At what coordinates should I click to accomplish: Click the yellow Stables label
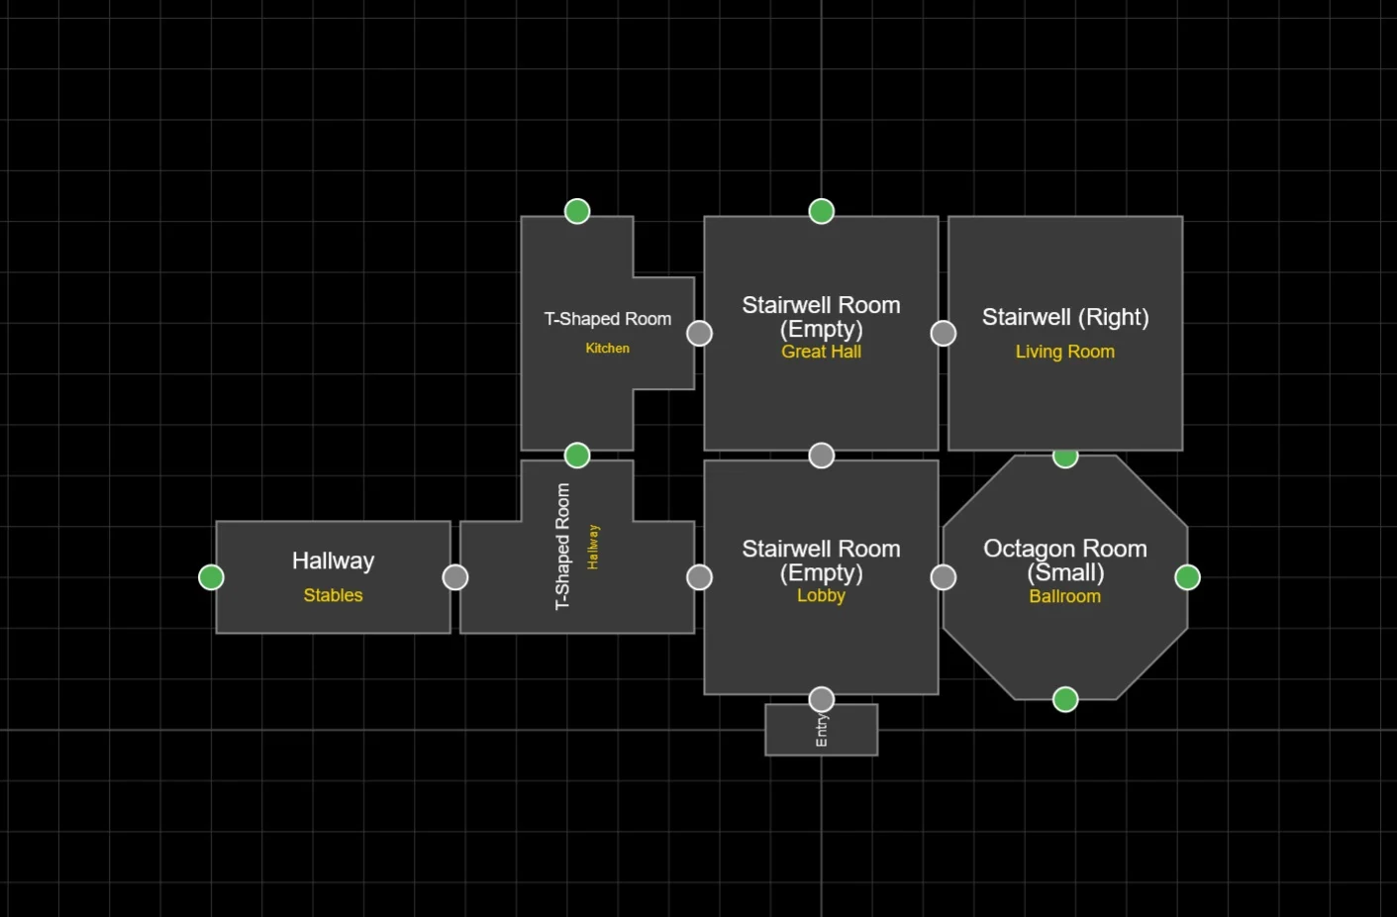pos(333,595)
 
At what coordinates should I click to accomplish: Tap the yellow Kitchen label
pos(607,349)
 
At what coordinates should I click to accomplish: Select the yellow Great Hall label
pos(821,352)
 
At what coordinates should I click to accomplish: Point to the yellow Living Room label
pos(1064,352)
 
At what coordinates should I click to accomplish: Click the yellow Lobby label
pos(821,595)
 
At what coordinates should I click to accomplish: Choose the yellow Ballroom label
pos(1064,596)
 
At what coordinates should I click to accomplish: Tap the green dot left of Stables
pos(211,577)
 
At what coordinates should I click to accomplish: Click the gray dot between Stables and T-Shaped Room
pos(455,577)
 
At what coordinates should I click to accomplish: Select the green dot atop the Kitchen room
pos(577,211)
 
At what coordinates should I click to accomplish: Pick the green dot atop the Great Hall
pos(821,211)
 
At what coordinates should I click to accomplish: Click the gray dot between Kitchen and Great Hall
pos(699,334)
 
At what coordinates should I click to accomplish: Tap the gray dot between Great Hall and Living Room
pos(944,334)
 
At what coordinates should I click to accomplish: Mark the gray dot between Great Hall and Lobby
pos(821,456)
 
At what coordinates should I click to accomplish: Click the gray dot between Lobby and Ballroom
pos(944,577)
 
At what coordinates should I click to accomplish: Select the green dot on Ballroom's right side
pos(1187,577)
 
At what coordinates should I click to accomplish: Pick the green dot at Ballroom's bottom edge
pos(1065,700)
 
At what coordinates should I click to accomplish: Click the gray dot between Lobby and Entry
pos(821,700)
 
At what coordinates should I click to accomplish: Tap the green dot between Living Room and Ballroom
pos(1065,456)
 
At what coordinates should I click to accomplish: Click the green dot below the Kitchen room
pos(577,456)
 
